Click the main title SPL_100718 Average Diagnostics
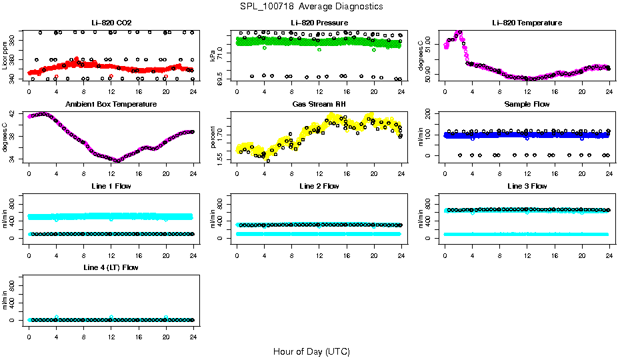click(x=312, y=7)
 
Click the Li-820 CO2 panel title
click(x=111, y=23)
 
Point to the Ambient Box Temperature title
click(x=111, y=105)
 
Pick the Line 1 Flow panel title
click(x=111, y=186)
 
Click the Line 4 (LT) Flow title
click(x=111, y=267)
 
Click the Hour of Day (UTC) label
click(x=311, y=351)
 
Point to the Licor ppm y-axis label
click(x=5, y=55)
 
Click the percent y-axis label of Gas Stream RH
click(x=213, y=137)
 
